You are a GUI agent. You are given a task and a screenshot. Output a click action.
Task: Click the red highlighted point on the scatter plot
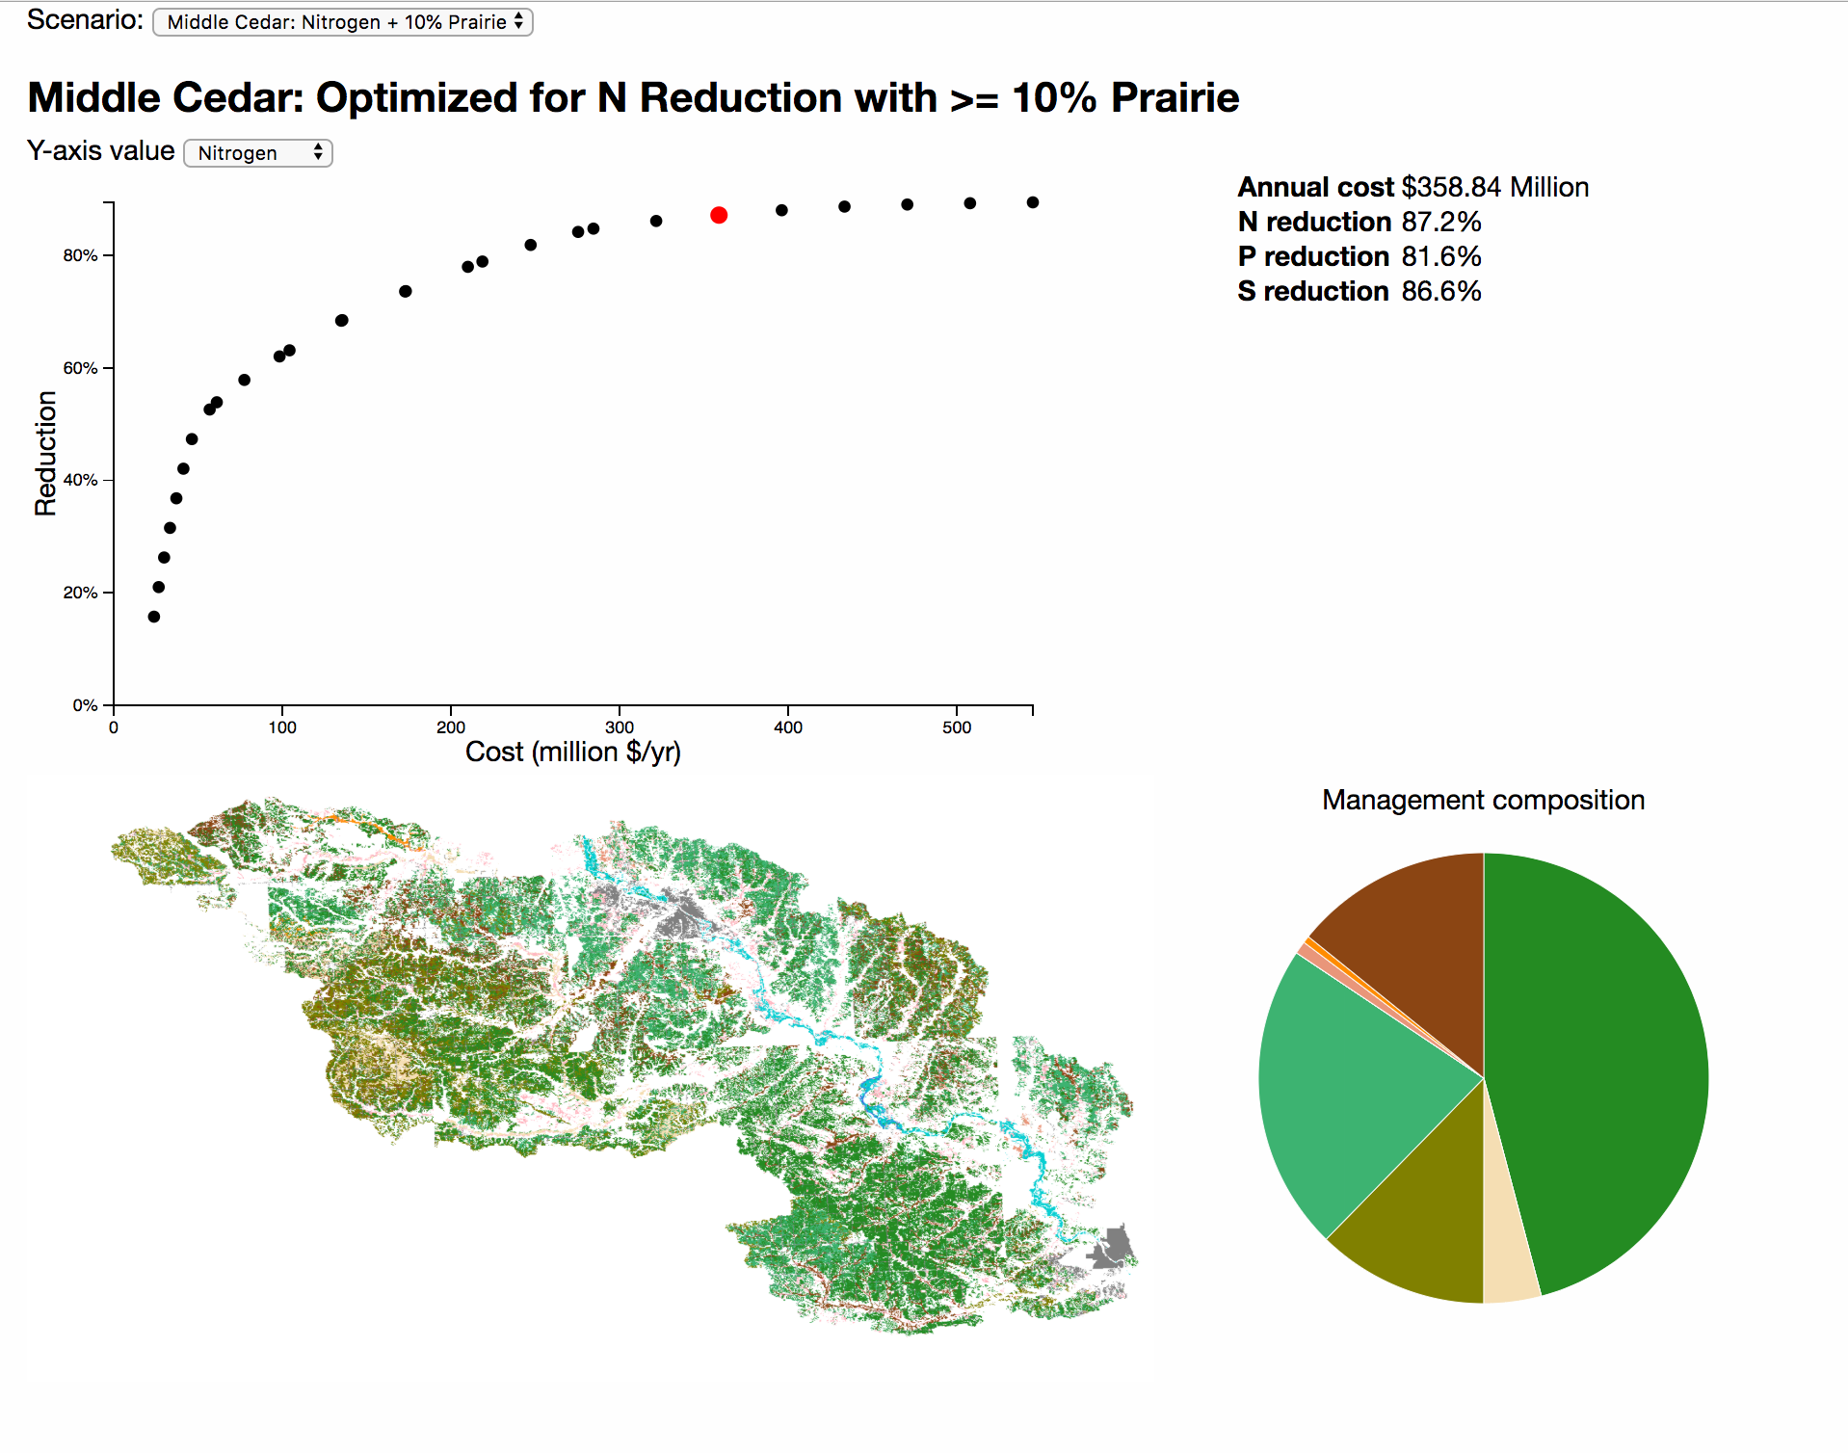coord(719,215)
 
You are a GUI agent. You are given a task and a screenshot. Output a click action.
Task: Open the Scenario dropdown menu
coord(343,22)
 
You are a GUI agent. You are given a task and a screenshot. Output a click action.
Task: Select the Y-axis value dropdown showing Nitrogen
coord(258,153)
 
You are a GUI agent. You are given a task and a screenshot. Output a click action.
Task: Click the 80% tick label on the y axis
coord(80,255)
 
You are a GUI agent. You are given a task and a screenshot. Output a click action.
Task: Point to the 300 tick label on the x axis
coord(620,727)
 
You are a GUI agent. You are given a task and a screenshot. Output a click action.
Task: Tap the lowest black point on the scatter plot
coord(154,617)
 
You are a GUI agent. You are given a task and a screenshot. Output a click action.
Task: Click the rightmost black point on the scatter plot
coord(1033,202)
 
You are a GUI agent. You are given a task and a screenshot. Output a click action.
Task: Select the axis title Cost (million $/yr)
coord(573,753)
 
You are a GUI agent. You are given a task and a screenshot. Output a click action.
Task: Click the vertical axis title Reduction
coord(45,453)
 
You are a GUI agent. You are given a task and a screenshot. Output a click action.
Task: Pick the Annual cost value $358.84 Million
coord(1494,187)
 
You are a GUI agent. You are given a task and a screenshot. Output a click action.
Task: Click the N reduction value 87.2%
coord(1441,222)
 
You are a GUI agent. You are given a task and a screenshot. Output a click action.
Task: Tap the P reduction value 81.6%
coord(1441,256)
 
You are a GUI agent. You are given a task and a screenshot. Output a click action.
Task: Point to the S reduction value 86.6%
coord(1441,291)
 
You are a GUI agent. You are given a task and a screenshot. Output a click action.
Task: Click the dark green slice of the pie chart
coord(1599,1060)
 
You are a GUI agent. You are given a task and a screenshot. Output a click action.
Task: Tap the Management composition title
coord(1483,800)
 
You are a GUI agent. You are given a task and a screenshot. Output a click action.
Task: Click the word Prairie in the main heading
coord(1175,98)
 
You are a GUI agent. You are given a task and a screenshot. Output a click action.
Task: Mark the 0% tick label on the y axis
coord(85,705)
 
